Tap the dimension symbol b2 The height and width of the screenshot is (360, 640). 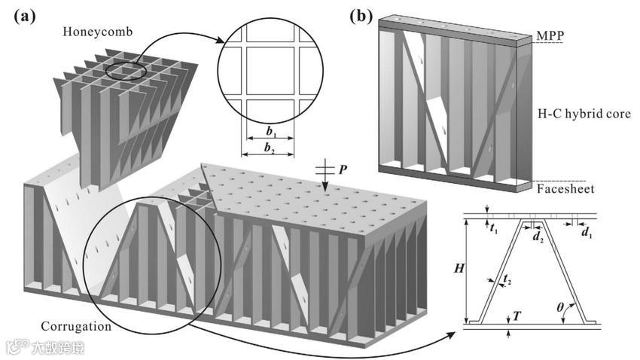(x=269, y=148)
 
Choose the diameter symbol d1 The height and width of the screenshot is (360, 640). (x=584, y=232)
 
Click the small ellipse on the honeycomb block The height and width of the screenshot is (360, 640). (x=124, y=71)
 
